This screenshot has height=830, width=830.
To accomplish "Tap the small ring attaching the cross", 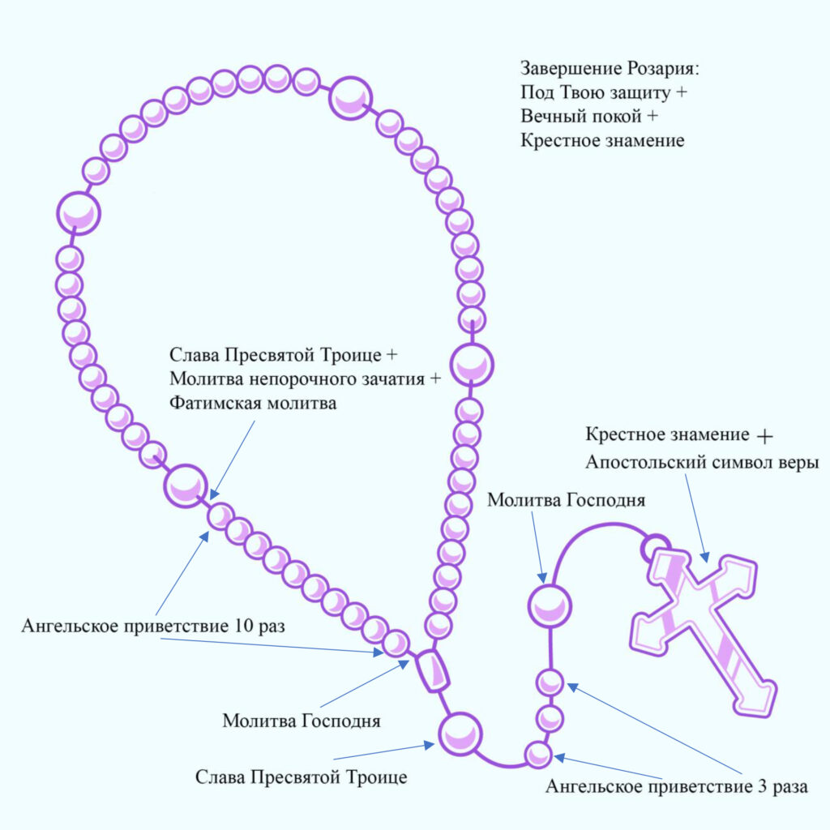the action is click(655, 549).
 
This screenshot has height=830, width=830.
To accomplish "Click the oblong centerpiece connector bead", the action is click(433, 671).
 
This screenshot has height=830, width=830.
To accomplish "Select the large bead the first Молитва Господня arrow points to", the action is click(550, 605).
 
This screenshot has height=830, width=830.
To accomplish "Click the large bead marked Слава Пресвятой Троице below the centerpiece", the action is click(460, 734).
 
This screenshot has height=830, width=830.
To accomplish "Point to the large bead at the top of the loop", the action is click(350, 98).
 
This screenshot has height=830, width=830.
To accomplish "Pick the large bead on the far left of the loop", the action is click(79, 213).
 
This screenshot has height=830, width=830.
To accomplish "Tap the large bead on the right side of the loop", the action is click(472, 365).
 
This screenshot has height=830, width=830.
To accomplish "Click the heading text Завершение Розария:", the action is click(610, 69).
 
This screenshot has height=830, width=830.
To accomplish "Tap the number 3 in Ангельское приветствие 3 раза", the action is click(762, 786).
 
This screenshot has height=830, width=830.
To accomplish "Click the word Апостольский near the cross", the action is click(645, 463).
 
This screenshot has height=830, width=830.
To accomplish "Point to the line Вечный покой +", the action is click(589, 116).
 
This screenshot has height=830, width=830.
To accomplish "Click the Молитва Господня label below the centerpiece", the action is click(302, 721).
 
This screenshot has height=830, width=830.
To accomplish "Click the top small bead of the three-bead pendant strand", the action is click(550, 682).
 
